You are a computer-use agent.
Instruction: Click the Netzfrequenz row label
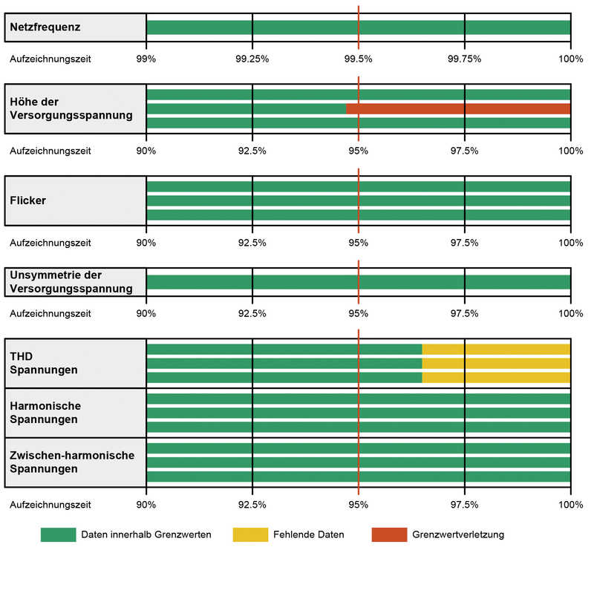[45, 27]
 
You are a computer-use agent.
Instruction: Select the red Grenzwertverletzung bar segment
[458, 109]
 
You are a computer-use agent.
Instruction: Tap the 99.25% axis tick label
[252, 59]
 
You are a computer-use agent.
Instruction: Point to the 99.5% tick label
[358, 59]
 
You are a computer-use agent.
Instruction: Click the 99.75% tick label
[464, 59]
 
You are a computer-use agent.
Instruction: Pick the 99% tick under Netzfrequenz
[146, 59]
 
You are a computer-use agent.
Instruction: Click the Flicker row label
[28, 200]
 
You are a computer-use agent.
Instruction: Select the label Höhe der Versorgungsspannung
[71, 108]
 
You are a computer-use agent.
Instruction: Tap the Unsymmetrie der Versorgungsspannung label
[71, 282]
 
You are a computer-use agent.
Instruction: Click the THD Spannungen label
[44, 363]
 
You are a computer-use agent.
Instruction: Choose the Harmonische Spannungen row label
[45, 413]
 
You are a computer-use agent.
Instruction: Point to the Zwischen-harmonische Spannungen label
[72, 462]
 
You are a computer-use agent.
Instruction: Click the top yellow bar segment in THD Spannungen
[496, 349]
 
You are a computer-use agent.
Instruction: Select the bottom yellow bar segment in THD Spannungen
[496, 377]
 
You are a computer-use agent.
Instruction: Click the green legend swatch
[59, 534]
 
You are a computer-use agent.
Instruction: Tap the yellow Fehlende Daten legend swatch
[250, 534]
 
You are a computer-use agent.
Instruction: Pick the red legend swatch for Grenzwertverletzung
[390, 534]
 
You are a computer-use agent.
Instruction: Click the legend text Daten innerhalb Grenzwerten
[146, 534]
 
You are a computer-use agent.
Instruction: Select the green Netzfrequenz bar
[359, 27]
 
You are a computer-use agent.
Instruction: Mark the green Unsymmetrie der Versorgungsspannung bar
[359, 282]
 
